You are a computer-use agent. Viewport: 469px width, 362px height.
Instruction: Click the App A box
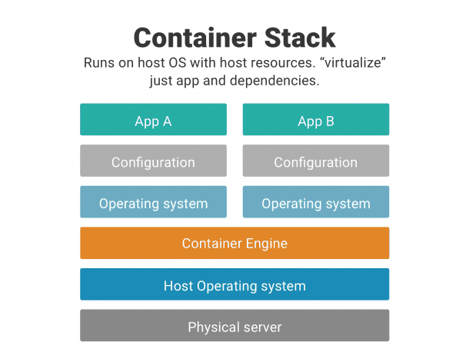click(x=153, y=120)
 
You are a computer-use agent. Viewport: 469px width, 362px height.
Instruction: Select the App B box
click(x=315, y=120)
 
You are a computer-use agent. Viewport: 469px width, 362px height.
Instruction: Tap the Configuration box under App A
click(x=153, y=161)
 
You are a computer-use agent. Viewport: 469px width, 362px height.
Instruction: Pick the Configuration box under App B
click(x=315, y=161)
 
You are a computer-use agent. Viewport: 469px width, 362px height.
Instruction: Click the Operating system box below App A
click(x=153, y=203)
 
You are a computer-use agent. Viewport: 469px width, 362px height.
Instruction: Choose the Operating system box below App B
click(x=315, y=203)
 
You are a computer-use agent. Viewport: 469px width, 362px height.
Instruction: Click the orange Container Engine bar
click(x=234, y=244)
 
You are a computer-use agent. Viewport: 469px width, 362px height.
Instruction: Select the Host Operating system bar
click(x=234, y=285)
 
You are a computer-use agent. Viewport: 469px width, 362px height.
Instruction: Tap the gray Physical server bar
click(x=234, y=327)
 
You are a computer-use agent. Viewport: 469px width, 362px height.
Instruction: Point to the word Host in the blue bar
click(x=178, y=286)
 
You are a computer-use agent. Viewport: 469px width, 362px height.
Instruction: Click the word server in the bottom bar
click(x=264, y=327)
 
